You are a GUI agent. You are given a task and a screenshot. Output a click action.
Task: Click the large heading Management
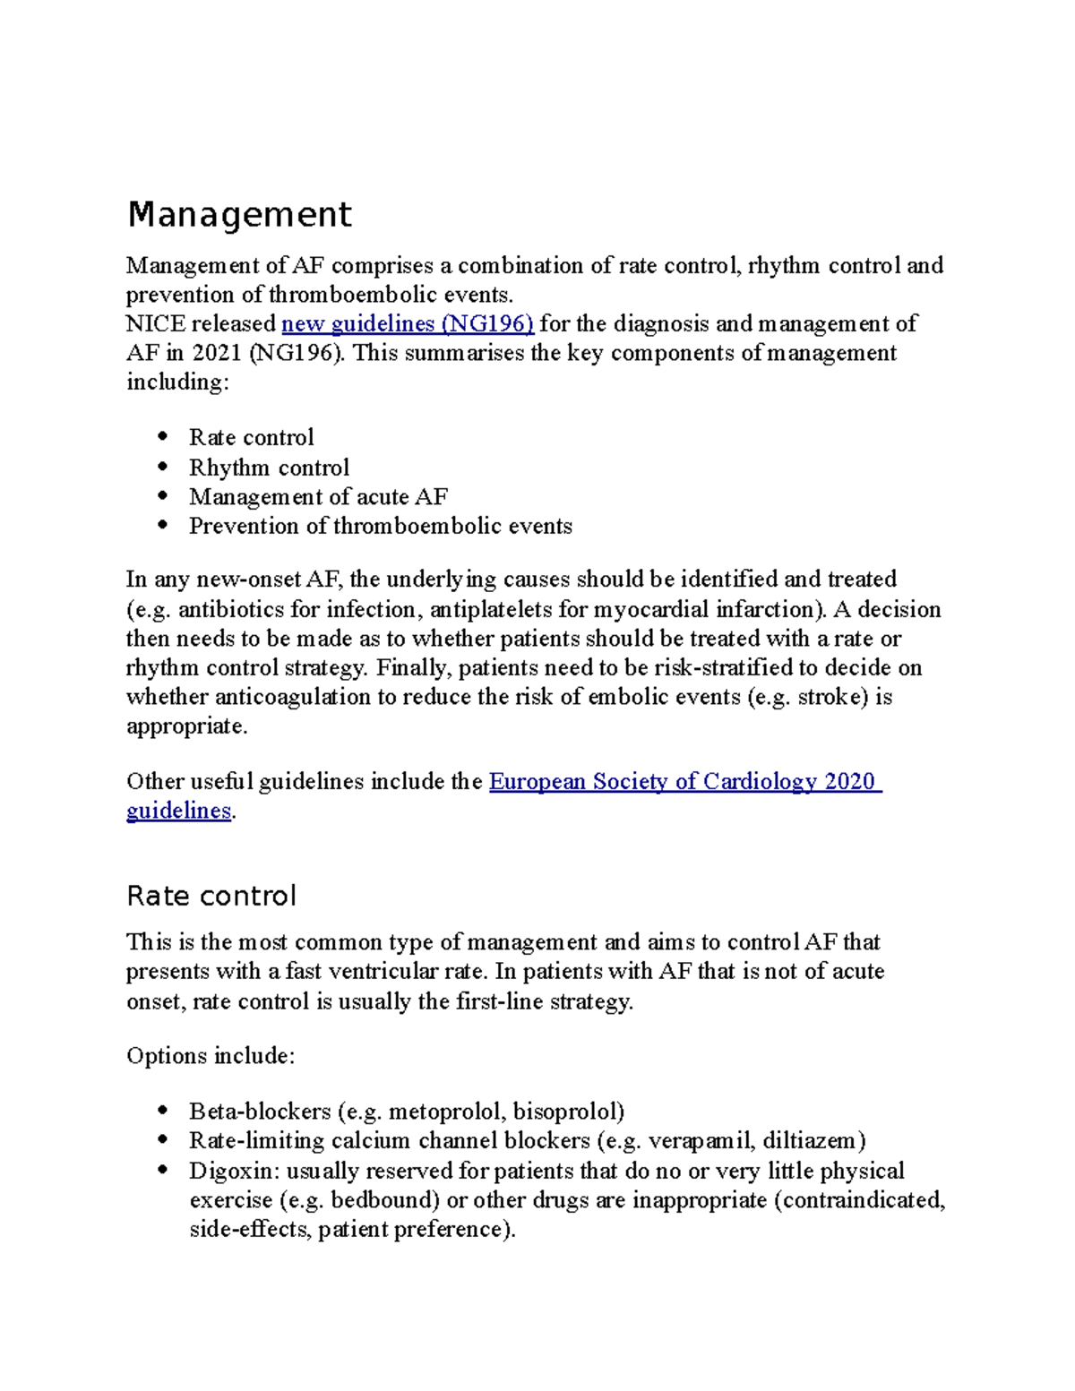(239, 215)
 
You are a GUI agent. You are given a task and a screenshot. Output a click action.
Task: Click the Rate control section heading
(211, 896)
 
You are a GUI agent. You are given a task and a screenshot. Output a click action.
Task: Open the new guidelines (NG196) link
(408, 323)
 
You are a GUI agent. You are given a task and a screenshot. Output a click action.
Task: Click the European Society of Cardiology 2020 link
(684, 781)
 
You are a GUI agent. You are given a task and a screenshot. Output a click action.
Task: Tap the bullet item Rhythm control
(269, 468)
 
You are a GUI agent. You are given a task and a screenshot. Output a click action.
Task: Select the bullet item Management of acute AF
(318, 496)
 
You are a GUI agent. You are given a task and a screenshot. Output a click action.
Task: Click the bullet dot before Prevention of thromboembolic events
(162, 526)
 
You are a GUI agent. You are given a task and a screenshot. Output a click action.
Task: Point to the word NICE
(156, 323)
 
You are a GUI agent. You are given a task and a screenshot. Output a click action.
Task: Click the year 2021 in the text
(216, 353)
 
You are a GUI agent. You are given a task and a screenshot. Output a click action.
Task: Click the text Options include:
(211, 1056)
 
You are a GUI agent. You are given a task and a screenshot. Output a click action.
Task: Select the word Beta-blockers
(260, 1112)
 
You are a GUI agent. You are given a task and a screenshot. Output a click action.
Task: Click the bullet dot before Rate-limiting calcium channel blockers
(162, 1140)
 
